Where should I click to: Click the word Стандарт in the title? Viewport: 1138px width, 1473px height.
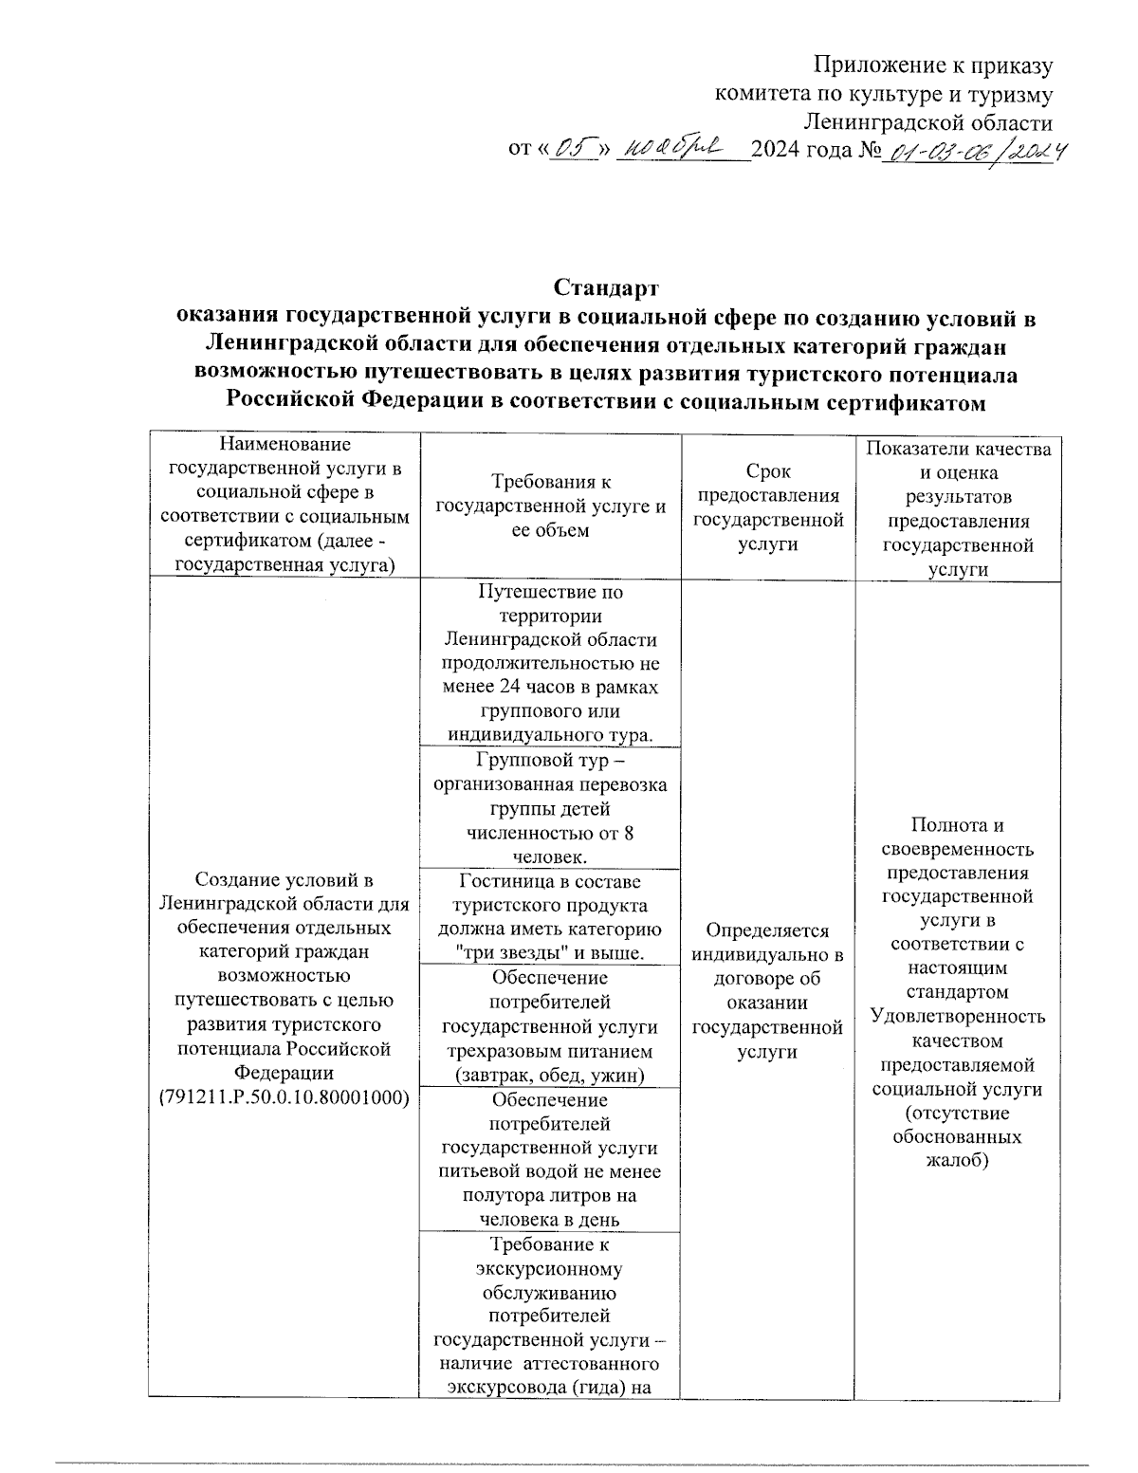[x=606, y=287]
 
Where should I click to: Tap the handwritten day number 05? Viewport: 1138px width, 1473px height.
[x=572, y=149]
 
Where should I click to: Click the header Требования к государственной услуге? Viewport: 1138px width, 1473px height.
[x=550, y=506]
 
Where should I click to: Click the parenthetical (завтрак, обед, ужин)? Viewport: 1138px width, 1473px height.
[x=550, y=1075]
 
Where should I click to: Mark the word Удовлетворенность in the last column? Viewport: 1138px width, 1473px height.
[x=958, y=1017]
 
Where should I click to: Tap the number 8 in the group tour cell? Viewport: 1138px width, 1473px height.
[x=628, y=834]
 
